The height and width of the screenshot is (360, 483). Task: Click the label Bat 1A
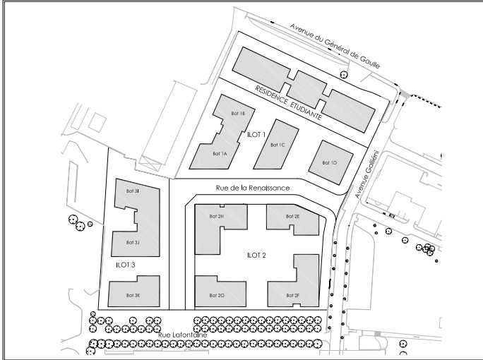[x=220, y=153]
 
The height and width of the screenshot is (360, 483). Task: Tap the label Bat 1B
[x=238, y=114]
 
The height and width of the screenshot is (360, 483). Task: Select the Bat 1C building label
[x=278, y=145]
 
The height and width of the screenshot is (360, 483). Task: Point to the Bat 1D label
[x=330, y=162]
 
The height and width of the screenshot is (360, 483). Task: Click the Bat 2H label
[x=217, y=216]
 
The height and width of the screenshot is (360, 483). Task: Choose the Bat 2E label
[x=293, y=216]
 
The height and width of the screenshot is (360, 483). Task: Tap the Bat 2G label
[x=217, y=295]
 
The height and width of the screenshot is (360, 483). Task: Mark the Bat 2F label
[x=293, y=295]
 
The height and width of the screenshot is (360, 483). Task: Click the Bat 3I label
[x=133, y=191]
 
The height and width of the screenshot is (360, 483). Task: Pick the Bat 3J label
[x=133, y=242]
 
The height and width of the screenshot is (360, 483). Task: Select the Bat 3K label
[x=133, y=295]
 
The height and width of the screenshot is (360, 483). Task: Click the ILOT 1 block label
[x=256, y=135]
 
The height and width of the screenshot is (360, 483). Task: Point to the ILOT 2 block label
[x=256, y=256]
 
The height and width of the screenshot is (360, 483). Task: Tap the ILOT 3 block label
[x=126, y=265]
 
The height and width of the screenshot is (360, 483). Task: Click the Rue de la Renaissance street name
[x=253, y=188]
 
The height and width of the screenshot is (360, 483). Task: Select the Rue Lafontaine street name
[x=183, y=335]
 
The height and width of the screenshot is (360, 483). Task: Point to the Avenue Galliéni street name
[x=366, y=174]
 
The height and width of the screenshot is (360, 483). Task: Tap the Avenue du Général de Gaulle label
[x=335, y=46]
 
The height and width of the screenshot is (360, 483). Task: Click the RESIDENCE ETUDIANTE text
[x=288, y=102]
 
